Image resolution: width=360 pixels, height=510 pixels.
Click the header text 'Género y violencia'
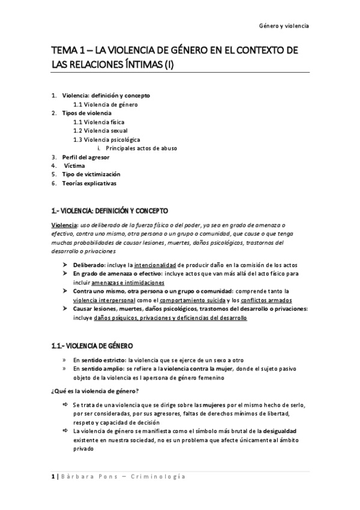click(284, 26)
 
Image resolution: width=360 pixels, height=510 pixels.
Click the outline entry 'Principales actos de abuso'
click(141, 148)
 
